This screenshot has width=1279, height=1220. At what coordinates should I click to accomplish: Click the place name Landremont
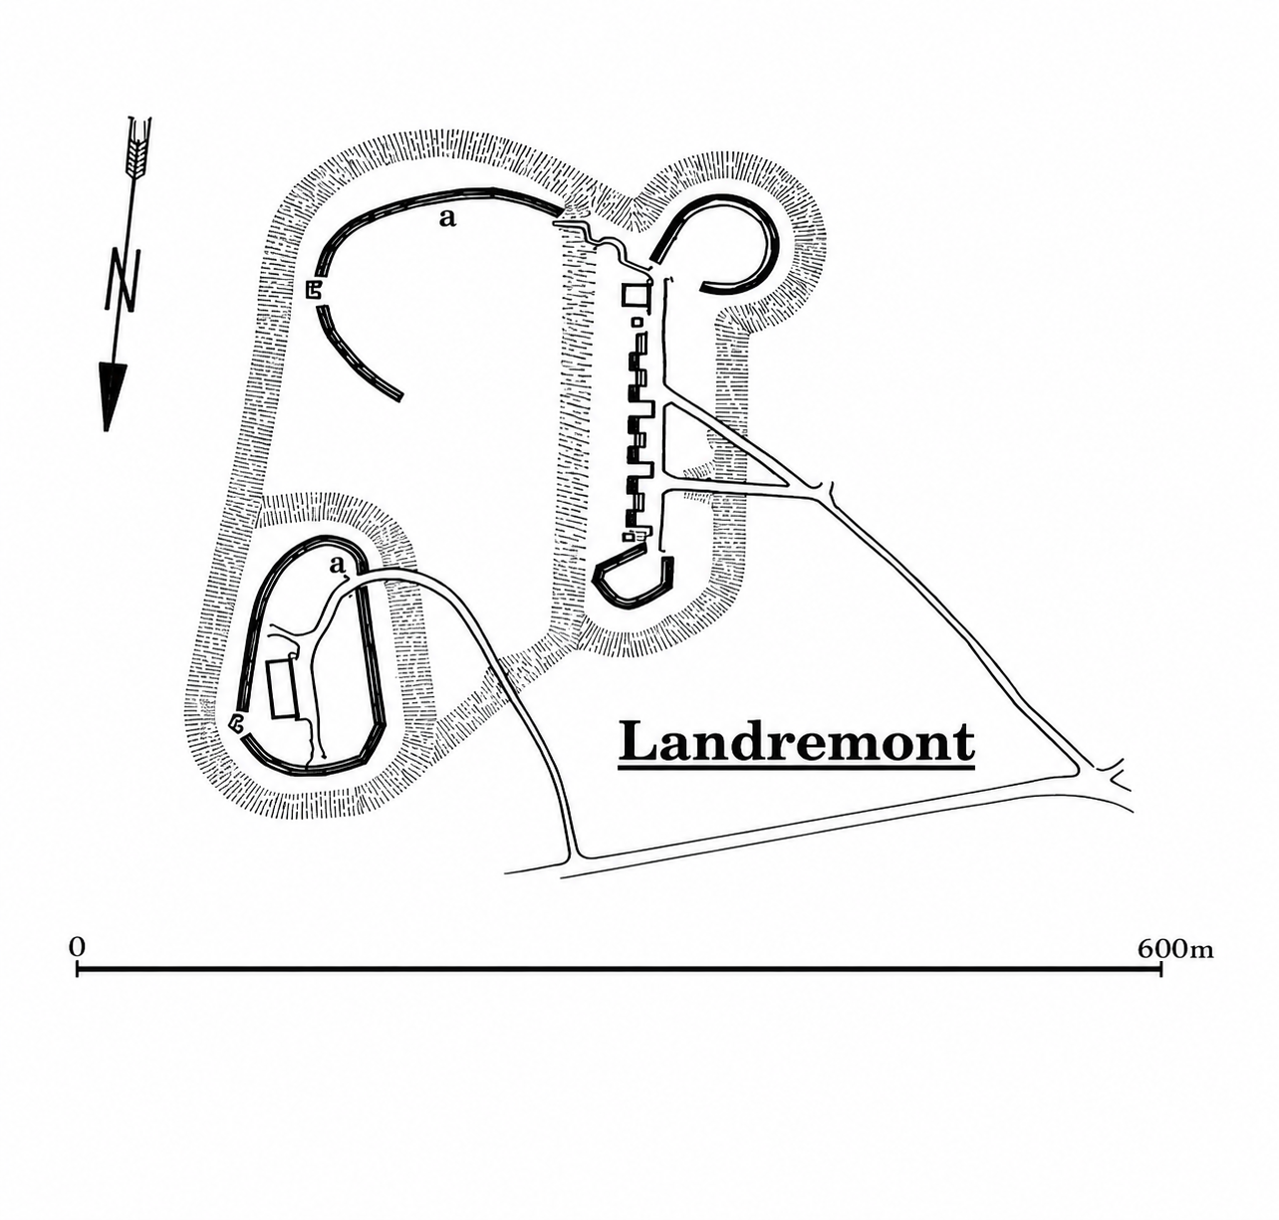796,742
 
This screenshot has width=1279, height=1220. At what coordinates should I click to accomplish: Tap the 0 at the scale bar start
78,947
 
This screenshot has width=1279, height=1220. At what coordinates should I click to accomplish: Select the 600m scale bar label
1175,949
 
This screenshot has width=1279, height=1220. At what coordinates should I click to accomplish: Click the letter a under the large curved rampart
447,219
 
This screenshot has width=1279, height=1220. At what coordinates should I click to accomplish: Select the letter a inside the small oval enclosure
337,565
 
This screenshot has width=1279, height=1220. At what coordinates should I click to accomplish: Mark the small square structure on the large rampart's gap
314,290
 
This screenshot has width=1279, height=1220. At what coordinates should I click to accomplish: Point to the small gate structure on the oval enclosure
237,722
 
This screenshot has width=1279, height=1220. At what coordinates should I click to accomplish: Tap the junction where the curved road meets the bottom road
574,854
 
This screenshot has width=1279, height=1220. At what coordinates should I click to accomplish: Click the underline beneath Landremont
797,769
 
